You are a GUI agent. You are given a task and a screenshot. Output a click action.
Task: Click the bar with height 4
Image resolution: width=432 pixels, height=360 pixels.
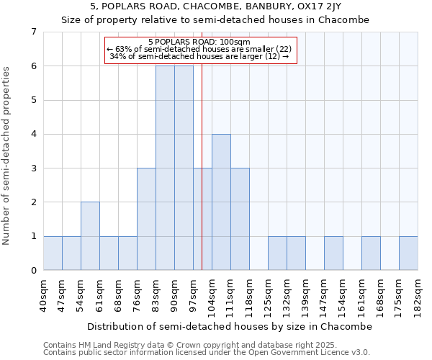221,202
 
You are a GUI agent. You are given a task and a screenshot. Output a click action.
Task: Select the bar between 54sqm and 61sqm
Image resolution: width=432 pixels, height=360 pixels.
90,236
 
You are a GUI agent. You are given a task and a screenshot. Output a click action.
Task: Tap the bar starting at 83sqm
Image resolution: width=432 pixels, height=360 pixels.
165,168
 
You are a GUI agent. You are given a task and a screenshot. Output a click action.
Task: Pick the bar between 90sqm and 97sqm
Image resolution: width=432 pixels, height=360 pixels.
184,168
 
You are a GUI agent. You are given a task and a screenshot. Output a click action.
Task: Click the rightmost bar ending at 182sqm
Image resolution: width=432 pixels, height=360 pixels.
408,253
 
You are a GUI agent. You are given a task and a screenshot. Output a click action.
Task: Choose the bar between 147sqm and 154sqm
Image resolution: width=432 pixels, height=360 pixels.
333,253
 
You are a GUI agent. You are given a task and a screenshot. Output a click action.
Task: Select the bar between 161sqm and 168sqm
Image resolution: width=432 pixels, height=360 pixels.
371,253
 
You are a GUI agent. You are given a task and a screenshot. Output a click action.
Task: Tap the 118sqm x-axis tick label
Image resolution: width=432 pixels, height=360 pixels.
250,295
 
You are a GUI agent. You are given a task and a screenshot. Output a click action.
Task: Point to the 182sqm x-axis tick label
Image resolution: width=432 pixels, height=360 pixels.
418,295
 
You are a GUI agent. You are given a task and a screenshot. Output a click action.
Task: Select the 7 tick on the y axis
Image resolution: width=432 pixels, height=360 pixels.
33,32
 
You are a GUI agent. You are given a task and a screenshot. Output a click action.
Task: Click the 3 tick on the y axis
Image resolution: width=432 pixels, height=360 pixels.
33,168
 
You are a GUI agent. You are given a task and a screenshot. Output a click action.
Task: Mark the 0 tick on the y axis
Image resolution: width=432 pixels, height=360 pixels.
33,270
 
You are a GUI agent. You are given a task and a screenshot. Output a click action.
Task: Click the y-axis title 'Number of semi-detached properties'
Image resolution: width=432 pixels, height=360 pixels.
7,155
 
